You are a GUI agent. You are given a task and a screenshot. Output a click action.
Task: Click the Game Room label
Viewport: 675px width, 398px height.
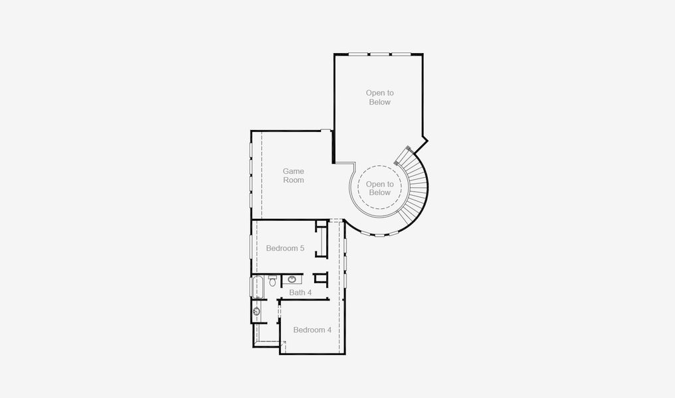click(293, 176)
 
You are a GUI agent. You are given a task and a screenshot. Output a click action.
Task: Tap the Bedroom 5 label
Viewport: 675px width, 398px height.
click(285, 249)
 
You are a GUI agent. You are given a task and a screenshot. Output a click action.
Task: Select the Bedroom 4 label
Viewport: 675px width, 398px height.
click(312, 330)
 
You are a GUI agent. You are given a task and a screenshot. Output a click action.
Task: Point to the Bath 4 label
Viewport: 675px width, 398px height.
click(300, 293)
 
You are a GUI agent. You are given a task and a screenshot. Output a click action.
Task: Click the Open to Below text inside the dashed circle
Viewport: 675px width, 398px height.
click(379, 188)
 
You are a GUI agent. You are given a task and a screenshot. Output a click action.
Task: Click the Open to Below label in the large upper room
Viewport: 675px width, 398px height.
click(379, 98)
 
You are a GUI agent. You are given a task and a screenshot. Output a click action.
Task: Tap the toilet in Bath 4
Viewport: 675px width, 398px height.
click(272, 282)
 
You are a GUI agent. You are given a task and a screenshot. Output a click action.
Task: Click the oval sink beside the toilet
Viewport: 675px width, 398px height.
click(292, 279)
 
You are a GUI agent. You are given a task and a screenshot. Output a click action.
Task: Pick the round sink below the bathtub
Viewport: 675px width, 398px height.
click(256, 310)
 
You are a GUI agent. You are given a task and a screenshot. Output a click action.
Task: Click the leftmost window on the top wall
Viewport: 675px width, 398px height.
click(358, 54)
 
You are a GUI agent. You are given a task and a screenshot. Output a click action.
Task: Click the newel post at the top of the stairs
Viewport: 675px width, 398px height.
click(398, 159)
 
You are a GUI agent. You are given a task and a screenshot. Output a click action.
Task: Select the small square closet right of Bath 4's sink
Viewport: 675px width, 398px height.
click(321, 279)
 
